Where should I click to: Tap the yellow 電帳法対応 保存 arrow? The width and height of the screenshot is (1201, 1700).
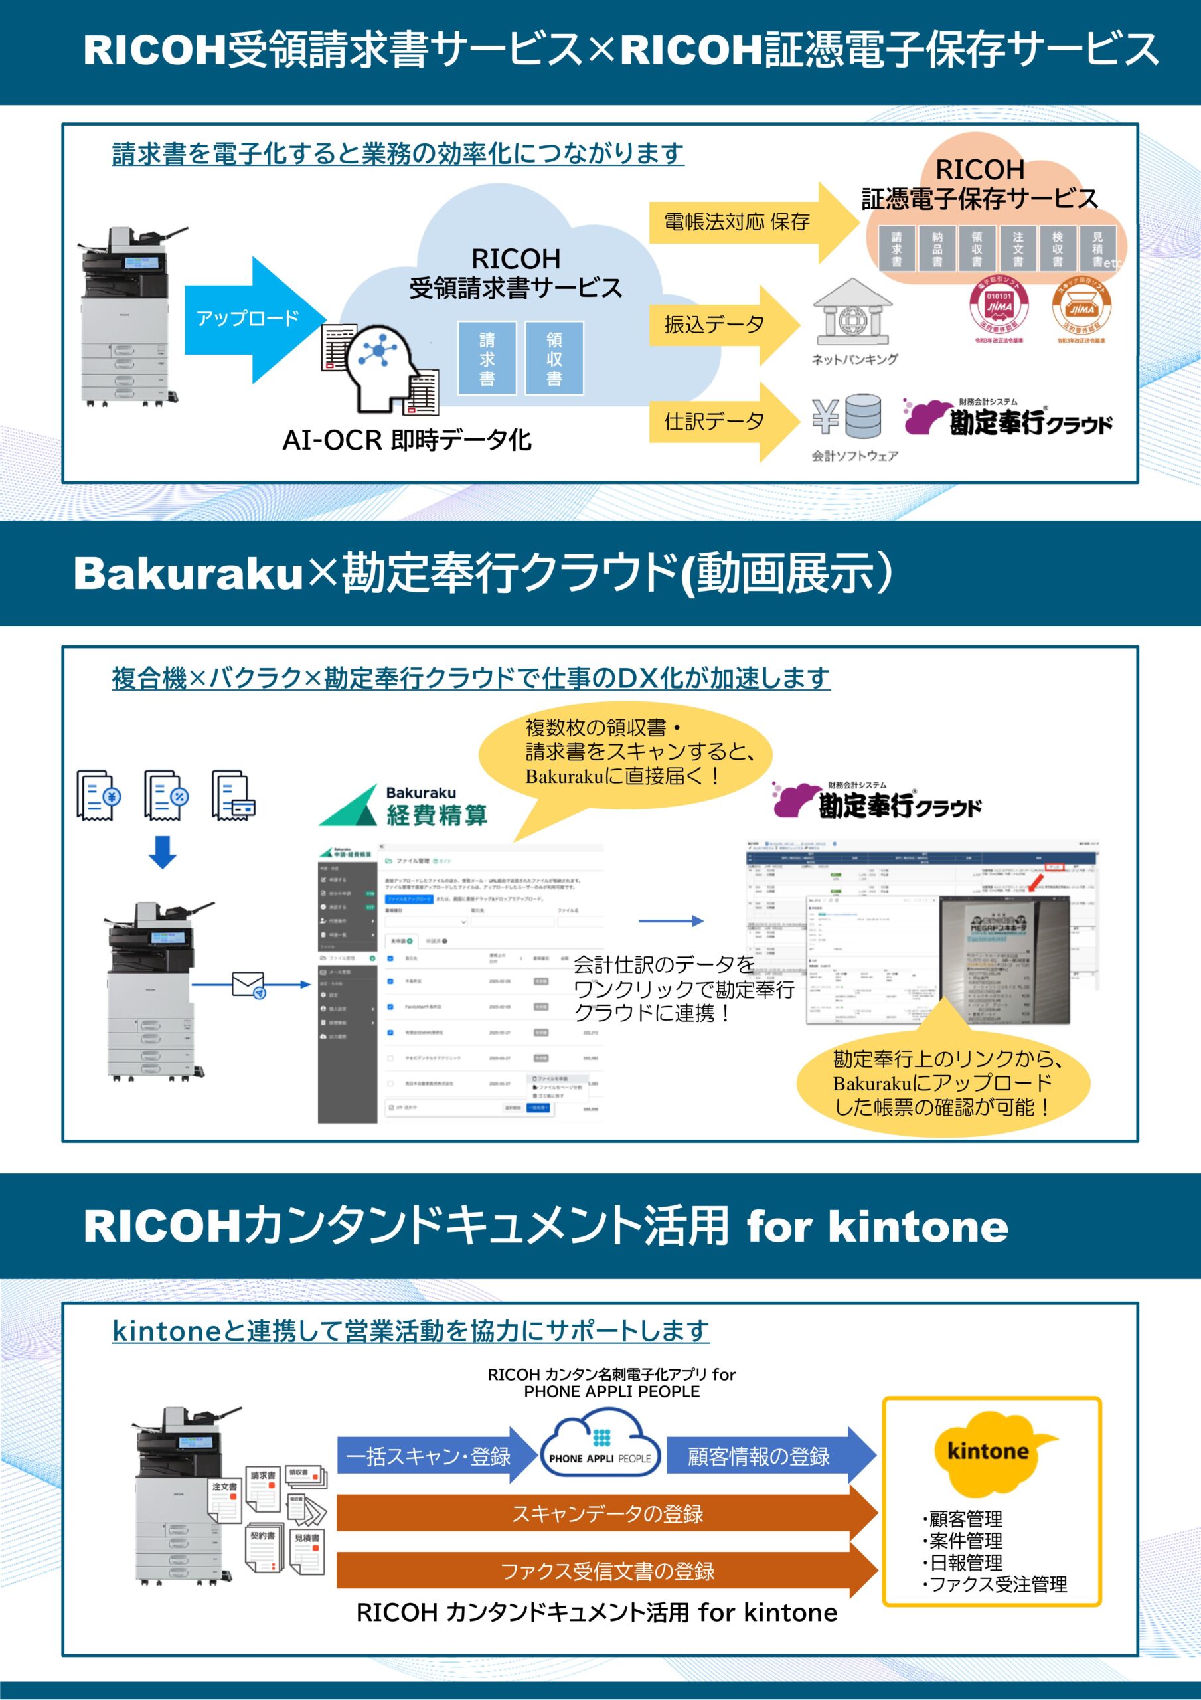748,222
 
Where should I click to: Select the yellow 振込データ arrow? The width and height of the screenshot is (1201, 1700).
722,325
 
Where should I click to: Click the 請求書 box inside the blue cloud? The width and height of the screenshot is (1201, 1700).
487,359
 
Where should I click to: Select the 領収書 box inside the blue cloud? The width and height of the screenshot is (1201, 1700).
554,359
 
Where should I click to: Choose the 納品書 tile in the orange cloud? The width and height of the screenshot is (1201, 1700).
937,249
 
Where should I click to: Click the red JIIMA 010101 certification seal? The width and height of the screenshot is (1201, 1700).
999,303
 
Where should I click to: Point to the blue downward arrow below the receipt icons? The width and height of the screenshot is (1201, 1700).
163,852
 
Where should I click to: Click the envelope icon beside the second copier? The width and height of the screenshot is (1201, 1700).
249,985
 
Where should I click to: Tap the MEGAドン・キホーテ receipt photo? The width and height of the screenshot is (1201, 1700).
1003,960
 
